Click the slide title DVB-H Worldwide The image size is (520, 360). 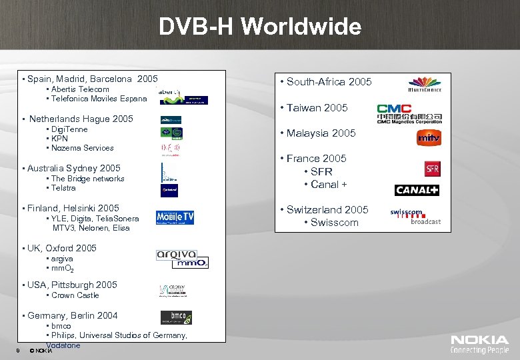pyautogui.click(x=260, y=27)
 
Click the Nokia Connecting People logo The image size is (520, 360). pyautogui.click(x=479, y=344)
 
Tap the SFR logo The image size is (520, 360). pyautogui.click(x=433, y=169)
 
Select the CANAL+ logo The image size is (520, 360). pyautogui.click(x=417, y=191)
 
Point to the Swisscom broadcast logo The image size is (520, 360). pyautogui.click(x=415, y=217)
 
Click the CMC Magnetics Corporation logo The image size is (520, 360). pyautogui.click(x=409, y=113)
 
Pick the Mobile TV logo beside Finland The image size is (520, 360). pyautogui.click(x=175, y=217)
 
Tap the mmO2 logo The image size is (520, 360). pyautogui.click(x=190, y=263)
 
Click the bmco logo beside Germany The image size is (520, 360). pyautogui.click(x=176, y=317)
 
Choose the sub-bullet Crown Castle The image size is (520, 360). pyautogui.click(x=75, y=295)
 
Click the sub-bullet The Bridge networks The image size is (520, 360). pyautogui.click(x=87, y=179)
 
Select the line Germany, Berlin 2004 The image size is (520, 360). pyautogui.click(x=72, y=315)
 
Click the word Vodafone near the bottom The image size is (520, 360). pyautogui.click(x=63, y=345)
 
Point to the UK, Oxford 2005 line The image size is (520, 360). pyautogui.click(x=61, y=248)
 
